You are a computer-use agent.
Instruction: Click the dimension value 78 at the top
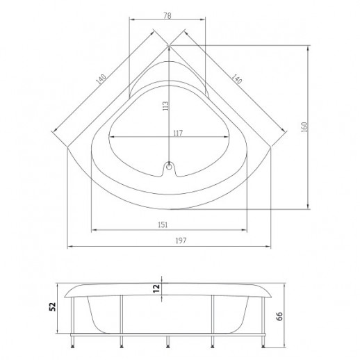pos(167,15)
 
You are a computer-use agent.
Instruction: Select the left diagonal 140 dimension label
pos(101,79)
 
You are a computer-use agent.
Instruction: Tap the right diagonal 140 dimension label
pos(236,79)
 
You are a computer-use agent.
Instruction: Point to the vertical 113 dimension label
pos(165,106)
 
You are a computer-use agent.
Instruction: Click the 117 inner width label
pos(178,133)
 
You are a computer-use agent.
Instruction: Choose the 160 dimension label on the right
pos(304,127)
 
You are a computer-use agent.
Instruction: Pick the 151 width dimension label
pos(163,224)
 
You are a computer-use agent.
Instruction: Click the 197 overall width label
pos(181,240)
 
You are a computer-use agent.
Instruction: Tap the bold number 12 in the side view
pos(156,288)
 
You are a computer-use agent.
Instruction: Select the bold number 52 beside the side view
pos(53,306)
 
